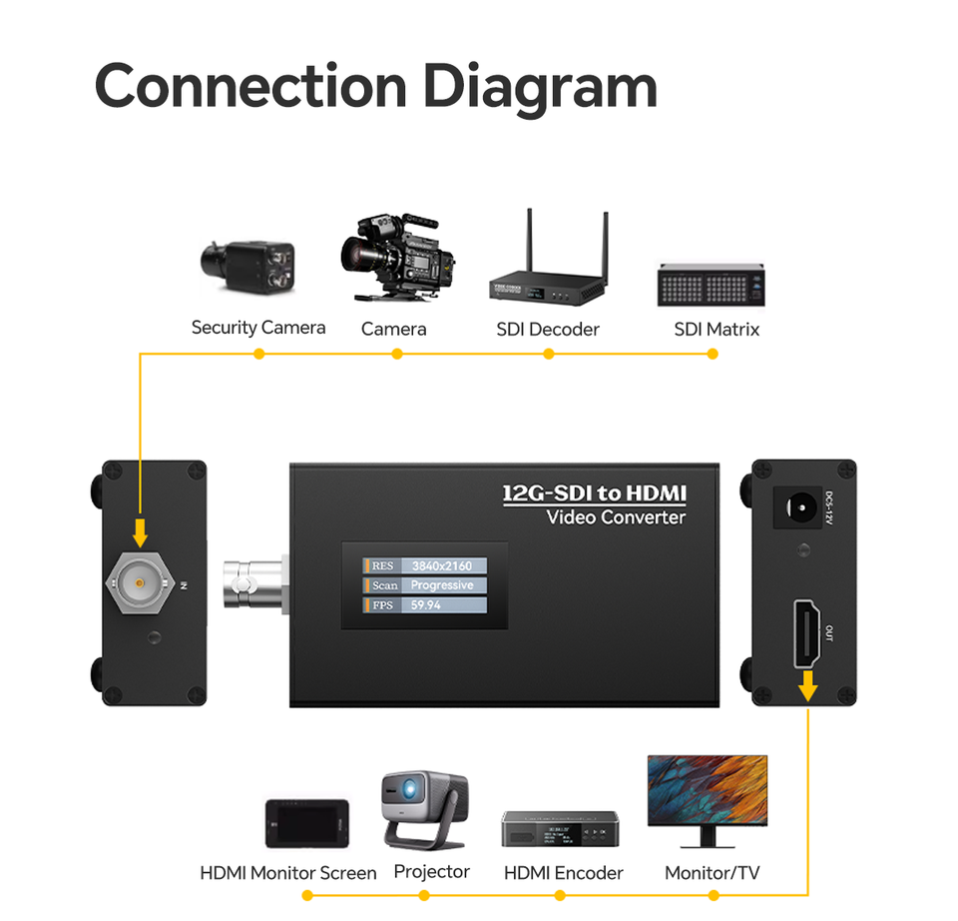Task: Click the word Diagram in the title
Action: tap(540, 88)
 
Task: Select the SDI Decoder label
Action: tap(548, 329)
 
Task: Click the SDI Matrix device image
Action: tap(712, 285)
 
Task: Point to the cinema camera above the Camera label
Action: tap(396, 258)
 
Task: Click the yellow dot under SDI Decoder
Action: tap(548, 354)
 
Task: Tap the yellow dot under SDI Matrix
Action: tap(713, 354)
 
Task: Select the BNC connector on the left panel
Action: tap(139, 581)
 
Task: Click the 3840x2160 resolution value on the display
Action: tap(442, 566)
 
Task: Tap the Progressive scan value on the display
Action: tap(442, 585)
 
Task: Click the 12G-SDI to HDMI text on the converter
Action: tap(595, 493)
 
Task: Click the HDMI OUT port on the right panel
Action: tap(807, 633)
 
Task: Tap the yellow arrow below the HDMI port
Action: tap(807, 685)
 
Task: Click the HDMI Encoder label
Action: tap(563, 873)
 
